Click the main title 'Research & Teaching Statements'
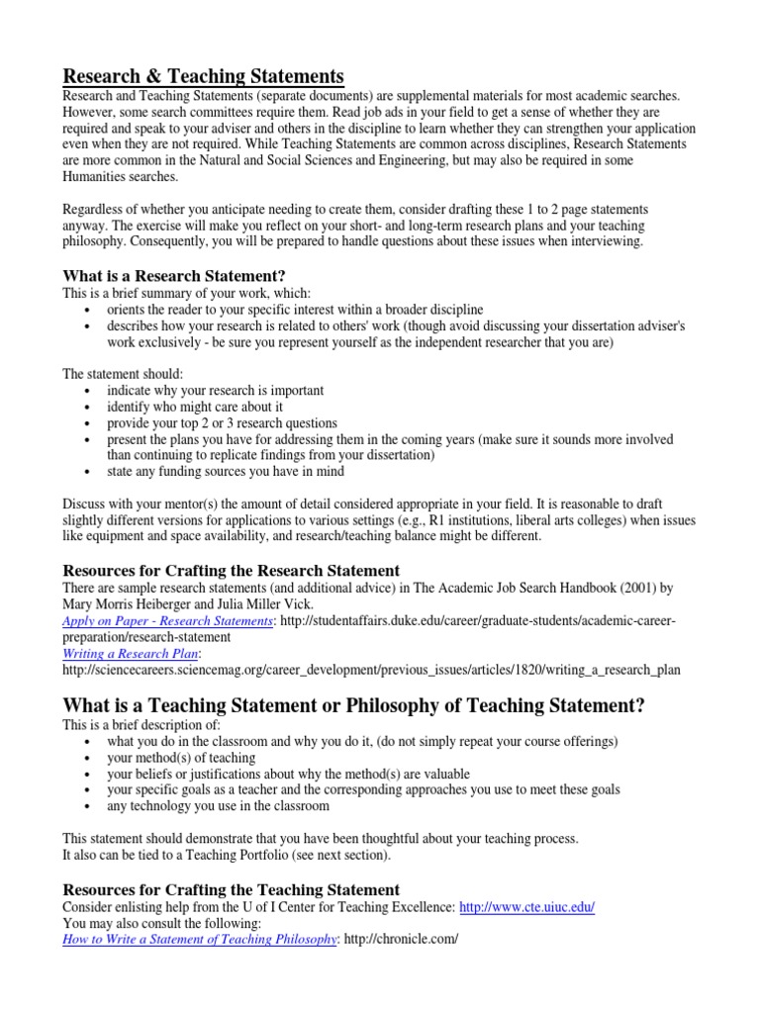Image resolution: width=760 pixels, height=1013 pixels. tap(204, 76)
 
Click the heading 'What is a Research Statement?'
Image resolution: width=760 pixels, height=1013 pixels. tap(179, 276)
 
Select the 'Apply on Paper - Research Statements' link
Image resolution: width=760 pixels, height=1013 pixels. tap(168, 620)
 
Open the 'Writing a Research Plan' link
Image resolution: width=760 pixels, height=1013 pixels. tap(132, 654)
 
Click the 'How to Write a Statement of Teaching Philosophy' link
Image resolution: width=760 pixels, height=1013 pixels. tap(199, 939)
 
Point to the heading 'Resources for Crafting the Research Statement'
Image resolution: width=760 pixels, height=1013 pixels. tap(232, 571)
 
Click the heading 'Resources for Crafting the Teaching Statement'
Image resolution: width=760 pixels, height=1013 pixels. tap(232, 889)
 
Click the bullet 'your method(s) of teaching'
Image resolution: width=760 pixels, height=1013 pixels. tap(181, 758)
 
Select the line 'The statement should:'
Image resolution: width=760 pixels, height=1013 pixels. tap(124, 374)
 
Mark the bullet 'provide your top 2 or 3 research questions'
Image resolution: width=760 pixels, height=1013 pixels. tap(223, 422)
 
